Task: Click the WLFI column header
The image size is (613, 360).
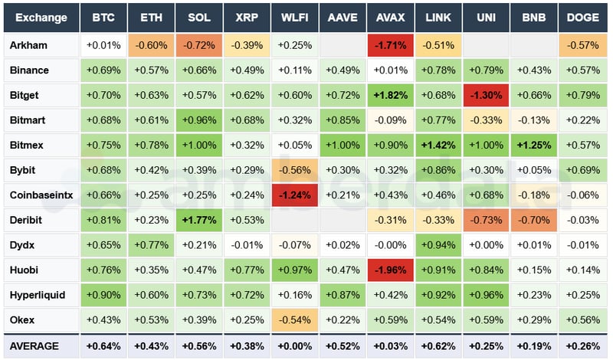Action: (295, 17)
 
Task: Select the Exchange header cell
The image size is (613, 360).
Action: (41, 17)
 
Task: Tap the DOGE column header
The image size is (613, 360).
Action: (584, 17)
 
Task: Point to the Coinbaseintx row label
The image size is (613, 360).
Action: (41, 195)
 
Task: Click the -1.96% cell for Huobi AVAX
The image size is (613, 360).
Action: (391, 270)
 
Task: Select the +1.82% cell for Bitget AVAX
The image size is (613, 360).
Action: (391, 95)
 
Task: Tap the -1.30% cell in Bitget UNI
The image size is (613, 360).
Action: (487, 95)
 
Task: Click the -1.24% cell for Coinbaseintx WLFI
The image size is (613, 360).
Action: (295, 195)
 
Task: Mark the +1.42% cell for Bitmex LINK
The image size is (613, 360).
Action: (439, 145)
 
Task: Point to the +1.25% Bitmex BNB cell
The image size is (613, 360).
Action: (535, 145)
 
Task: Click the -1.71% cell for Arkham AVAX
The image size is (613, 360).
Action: (391, 45)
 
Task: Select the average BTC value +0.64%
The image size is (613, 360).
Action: (103, 346)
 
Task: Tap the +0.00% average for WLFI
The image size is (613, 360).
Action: (295, 346)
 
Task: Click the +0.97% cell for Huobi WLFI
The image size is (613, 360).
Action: (295, 270)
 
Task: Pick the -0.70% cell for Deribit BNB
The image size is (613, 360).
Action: (535, 220)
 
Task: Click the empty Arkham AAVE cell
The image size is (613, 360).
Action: (343, 45)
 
